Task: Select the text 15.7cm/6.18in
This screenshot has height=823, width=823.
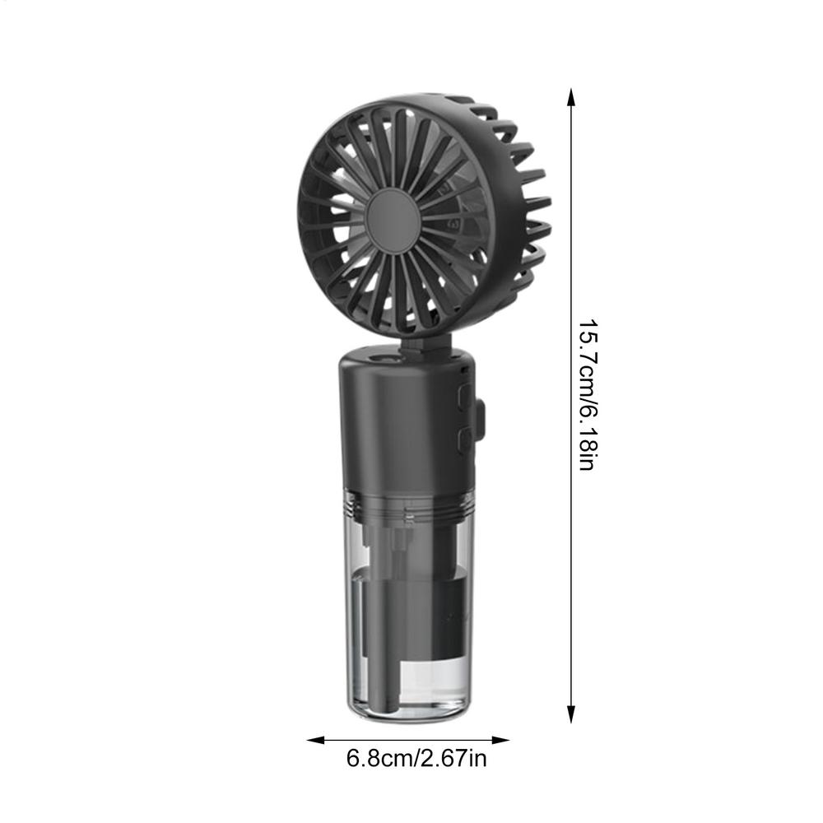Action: click(586, 395)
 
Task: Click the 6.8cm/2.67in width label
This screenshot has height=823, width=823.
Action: click(416, 758)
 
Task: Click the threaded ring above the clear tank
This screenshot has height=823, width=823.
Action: click(405, 509)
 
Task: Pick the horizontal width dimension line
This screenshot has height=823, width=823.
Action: click(409, 740)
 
